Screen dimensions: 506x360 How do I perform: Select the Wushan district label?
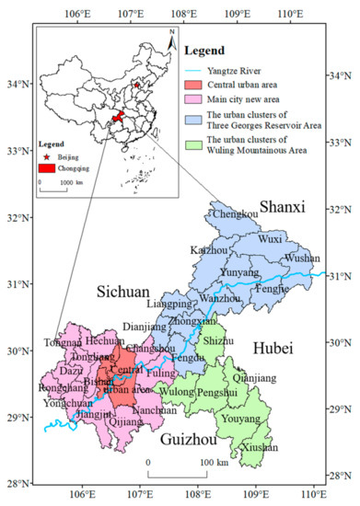coord(302,259)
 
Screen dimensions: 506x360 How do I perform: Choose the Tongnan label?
coord(63,343)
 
